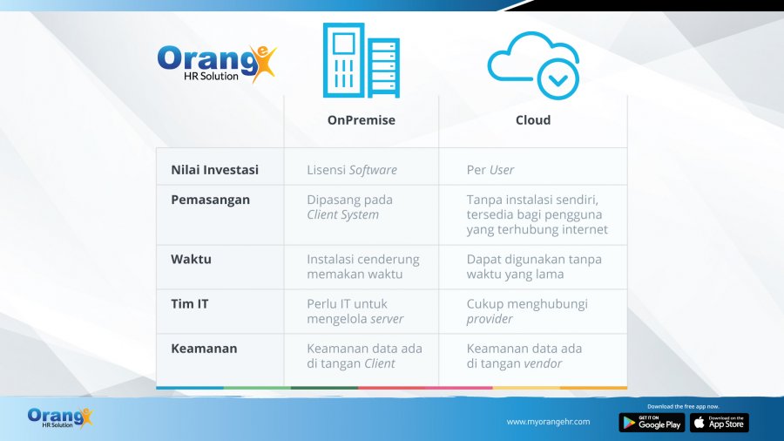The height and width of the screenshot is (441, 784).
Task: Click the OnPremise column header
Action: [361, 120]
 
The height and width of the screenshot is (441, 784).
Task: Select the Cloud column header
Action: [532, 120]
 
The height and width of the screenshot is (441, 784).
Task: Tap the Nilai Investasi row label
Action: [214, 170]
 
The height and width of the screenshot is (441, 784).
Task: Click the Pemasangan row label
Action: [210, 200]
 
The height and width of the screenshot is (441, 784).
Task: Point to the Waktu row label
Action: [191, 259]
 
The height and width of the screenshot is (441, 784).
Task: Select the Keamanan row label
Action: [204, 349]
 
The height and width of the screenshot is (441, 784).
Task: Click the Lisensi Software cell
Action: [351, 170]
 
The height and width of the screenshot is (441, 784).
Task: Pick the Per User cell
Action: [490, 170]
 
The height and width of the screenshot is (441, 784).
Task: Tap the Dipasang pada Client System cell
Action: [349, 207]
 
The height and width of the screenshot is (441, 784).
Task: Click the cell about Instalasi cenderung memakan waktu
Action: [362, 267]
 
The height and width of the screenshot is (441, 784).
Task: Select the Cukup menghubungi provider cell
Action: [527, 311]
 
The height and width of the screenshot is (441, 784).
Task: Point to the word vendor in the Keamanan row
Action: [542, 363]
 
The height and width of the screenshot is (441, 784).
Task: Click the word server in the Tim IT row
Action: [387, 319]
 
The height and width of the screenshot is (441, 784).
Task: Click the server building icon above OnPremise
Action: [361, 60]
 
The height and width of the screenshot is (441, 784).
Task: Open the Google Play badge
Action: [652, 423]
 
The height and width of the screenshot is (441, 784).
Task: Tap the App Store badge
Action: [719, 423]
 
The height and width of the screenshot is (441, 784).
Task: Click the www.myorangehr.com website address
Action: [548, 422]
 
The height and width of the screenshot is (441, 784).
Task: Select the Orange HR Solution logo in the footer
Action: [59, 418]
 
